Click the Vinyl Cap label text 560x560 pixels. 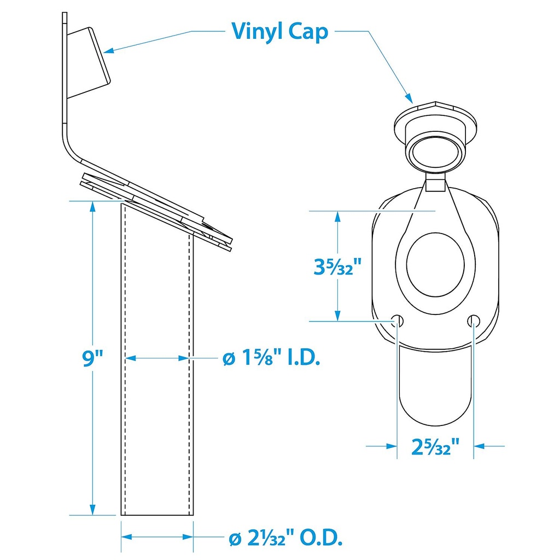pos(279,31)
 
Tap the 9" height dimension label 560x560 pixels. pos(92,358)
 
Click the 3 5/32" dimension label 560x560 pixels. pos(337,266)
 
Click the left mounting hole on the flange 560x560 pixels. pos(398,320)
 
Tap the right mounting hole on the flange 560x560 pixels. pos(474,320)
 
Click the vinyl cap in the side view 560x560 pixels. pos(89,63)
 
